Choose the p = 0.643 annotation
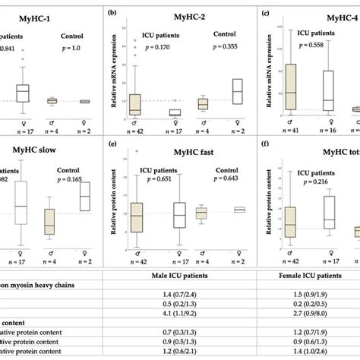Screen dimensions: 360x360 tap(219, 176)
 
